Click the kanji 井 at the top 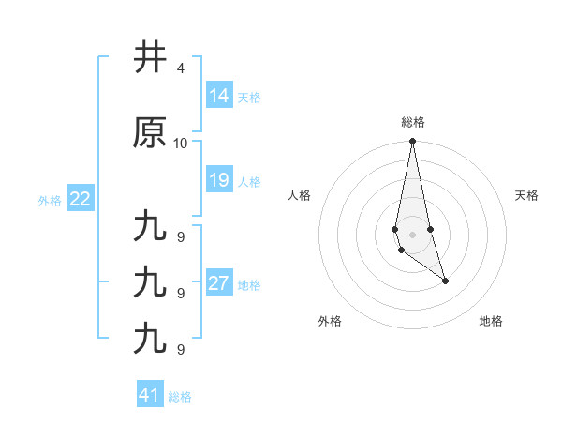click(150, 58)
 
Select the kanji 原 click(150, 132)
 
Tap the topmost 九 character click(150, 228)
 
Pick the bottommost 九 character click(150, 337)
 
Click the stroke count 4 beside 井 click(180, 68)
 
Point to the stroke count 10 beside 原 click(181, 143)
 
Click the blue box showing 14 click(219, 96)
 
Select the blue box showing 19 click(219, 180)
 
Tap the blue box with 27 click(219, 284)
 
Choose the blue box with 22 click(81, 199)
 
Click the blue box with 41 click(150, 395)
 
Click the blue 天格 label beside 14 click(249, 98)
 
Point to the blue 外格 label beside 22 click(50, 201)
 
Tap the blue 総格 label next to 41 click(180, 397)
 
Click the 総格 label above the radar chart click(413, 122)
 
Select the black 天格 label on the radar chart click(527, 195)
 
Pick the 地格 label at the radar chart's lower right click(491, 321)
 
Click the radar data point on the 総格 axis click(413, 142)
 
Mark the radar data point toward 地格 click(445, 281)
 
